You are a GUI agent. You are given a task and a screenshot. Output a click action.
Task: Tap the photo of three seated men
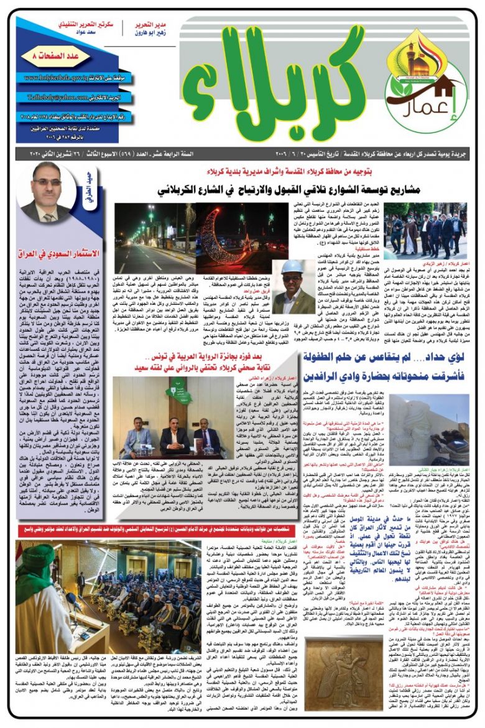click(x=173, y=417)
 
